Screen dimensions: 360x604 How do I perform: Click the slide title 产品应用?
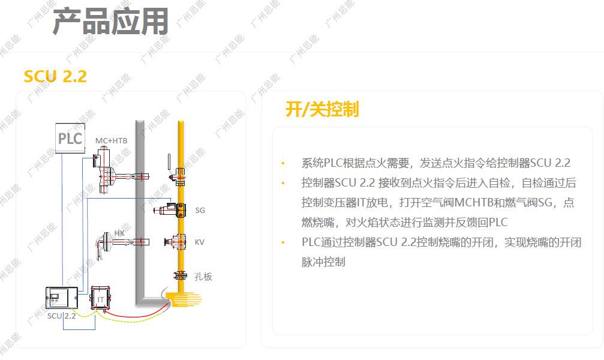pos(110,22)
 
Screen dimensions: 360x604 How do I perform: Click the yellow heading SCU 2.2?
pos(55,76)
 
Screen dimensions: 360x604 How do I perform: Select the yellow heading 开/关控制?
pos(322,109)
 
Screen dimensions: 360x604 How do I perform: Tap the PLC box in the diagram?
pos(70,139)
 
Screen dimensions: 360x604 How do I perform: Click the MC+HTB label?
pos(112,140)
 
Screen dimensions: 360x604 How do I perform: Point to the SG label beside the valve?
pos(200,211)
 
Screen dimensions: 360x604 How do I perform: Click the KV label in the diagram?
pos(200,242)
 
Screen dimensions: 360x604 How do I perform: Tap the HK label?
pos(119,232)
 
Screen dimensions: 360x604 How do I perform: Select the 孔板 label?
pos(203,277)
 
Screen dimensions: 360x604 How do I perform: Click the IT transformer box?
pos(101,298)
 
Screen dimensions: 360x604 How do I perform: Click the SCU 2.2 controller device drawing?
pos(62,298)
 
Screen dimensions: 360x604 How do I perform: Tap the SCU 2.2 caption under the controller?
pos(62,316)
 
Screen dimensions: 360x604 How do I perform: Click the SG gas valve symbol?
pos(173,210)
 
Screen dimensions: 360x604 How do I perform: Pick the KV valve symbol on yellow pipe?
pos(178,242)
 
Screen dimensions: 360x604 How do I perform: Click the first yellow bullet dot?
pos(283,163)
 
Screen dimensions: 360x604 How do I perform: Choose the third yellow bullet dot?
pos(283,242)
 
